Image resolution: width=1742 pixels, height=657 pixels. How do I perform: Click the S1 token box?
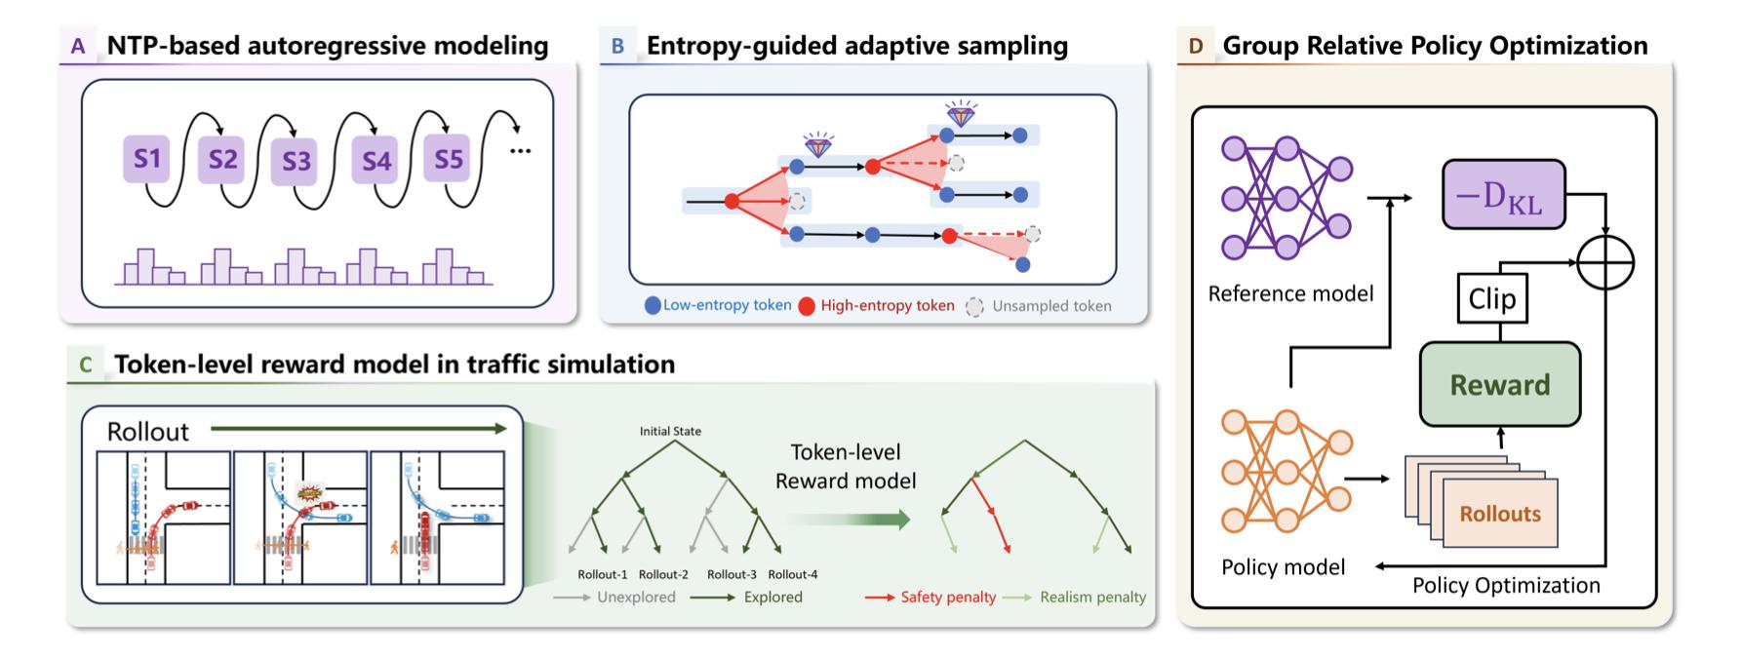147,158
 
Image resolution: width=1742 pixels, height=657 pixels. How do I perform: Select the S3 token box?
296,161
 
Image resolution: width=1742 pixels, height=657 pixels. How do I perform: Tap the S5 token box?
448,158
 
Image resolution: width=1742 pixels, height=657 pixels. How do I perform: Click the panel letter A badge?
78,46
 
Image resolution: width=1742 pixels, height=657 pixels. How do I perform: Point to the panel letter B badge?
617,46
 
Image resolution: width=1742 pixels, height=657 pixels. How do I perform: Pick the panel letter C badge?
86,365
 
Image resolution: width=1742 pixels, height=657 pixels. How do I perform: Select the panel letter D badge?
1196,46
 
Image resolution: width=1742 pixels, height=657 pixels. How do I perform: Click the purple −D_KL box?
1503,195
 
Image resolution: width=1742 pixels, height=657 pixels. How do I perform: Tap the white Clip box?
1491,298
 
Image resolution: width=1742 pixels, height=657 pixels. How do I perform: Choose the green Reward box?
1499,384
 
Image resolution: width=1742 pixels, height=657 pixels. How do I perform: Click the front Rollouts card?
1500,513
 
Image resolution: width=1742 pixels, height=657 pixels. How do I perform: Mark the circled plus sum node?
1604,261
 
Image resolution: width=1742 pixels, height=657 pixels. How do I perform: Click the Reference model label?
1290,293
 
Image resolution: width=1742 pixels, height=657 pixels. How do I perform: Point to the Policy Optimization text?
1506,585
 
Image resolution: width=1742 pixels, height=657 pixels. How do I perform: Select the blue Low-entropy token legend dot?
653,306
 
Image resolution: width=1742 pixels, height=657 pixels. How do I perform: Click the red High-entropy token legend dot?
808,306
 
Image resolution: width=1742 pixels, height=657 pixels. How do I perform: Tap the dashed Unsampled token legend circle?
974,306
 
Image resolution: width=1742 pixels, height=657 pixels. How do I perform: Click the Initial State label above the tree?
670,431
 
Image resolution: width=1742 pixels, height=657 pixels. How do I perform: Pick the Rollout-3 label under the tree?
732,574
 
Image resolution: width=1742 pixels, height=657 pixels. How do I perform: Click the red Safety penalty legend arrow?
880,598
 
